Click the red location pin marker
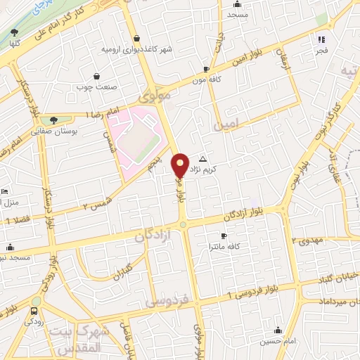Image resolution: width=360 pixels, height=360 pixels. click(x=180, y=165)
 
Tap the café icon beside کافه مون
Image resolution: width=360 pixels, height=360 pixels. click(x=205, y=69)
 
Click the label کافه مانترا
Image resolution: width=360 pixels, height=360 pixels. click(x=224, y=246)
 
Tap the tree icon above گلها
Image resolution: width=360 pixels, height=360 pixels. click(x=15, y=32)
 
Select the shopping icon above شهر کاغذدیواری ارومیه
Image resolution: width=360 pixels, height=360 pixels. click(x=136, y=39)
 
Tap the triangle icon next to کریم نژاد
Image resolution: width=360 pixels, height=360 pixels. click(x=203, y=159)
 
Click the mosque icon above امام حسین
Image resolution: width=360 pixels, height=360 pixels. click(x=279, y=330)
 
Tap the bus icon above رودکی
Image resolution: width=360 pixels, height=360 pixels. click(x=34, y=310)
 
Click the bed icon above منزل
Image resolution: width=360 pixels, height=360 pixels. click(x=4, y=191)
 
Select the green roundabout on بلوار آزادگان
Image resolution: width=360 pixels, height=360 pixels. click(x=183, y=224)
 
